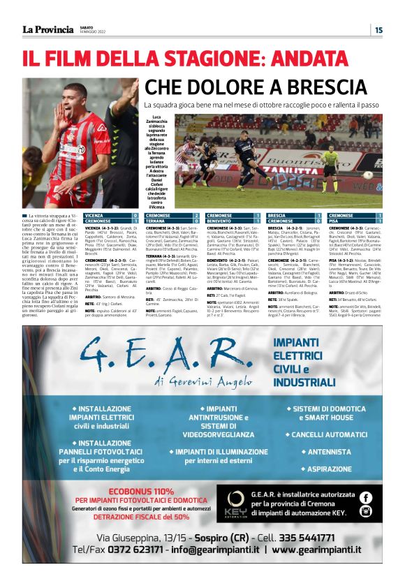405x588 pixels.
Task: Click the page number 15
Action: [378, 29]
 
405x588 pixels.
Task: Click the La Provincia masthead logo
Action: [47, 29]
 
